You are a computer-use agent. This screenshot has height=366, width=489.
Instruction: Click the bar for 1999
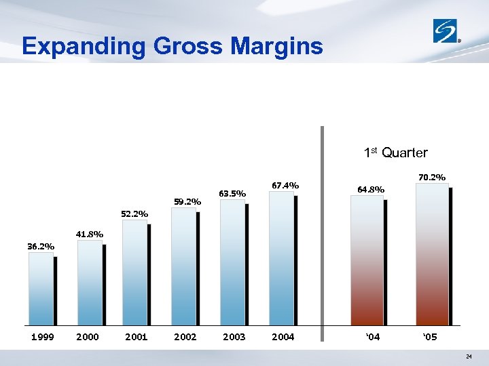click(41, 289)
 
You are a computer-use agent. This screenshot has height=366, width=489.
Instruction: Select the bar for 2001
click(135, 273)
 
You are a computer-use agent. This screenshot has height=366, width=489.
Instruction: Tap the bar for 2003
click(232, 263)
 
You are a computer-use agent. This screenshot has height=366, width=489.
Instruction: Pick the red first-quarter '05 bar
click(432, 255)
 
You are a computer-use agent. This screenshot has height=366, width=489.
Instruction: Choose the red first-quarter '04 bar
click(367, 262)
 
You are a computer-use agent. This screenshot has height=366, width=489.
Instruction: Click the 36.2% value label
click(41, 247)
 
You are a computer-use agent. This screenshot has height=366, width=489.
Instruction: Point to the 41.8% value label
click(90, 235)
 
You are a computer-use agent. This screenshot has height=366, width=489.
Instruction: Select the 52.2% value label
click(134, 214)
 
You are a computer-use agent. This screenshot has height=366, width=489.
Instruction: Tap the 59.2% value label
click(187, 201)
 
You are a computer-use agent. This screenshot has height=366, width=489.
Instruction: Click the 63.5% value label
click(232, 194)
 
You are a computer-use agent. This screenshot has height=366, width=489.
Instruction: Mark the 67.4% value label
click(285, 185)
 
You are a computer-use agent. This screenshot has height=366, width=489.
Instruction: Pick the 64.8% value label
click(371, 190)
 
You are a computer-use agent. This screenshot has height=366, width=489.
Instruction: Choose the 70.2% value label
click(432, 178)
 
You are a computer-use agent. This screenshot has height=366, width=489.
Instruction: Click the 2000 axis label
click(88, 337)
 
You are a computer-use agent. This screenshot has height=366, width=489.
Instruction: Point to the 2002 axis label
click(185, 337)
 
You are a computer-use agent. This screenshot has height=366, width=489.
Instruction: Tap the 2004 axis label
click(283, 337)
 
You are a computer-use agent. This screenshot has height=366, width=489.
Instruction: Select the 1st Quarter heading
click(396, 152)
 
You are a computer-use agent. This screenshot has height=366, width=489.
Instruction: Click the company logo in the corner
click(448, 31)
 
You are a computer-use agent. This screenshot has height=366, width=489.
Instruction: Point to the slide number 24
click(469, 357)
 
